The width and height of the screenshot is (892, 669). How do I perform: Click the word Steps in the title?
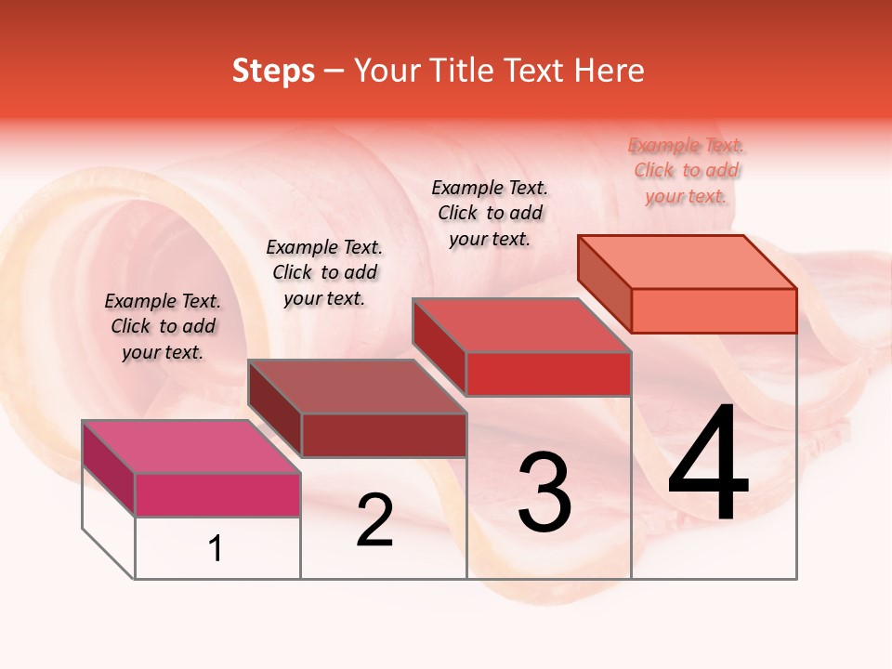point(273,72)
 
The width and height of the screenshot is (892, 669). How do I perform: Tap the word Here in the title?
point(610,72)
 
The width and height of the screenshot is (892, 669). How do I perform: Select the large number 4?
point(709,464)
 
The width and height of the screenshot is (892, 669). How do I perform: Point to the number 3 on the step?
point(544,492)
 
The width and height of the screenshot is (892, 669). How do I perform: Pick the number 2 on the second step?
point(375,520)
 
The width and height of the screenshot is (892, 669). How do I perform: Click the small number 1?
point(216,549)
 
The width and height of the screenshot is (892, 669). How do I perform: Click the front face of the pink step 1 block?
point(217,494)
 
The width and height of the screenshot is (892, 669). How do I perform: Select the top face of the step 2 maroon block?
point(357,387)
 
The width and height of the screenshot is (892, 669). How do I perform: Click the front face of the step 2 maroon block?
point(384,435)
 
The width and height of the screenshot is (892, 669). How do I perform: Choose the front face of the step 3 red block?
point(548,374)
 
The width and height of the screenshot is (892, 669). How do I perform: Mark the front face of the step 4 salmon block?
point(714,310)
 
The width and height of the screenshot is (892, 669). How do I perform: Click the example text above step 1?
point(163,326)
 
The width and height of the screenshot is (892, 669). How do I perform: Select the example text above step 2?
point(324,272)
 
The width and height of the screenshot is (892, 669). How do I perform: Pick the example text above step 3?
point(490,213)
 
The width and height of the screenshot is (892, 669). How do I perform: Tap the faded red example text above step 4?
point(687,170)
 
